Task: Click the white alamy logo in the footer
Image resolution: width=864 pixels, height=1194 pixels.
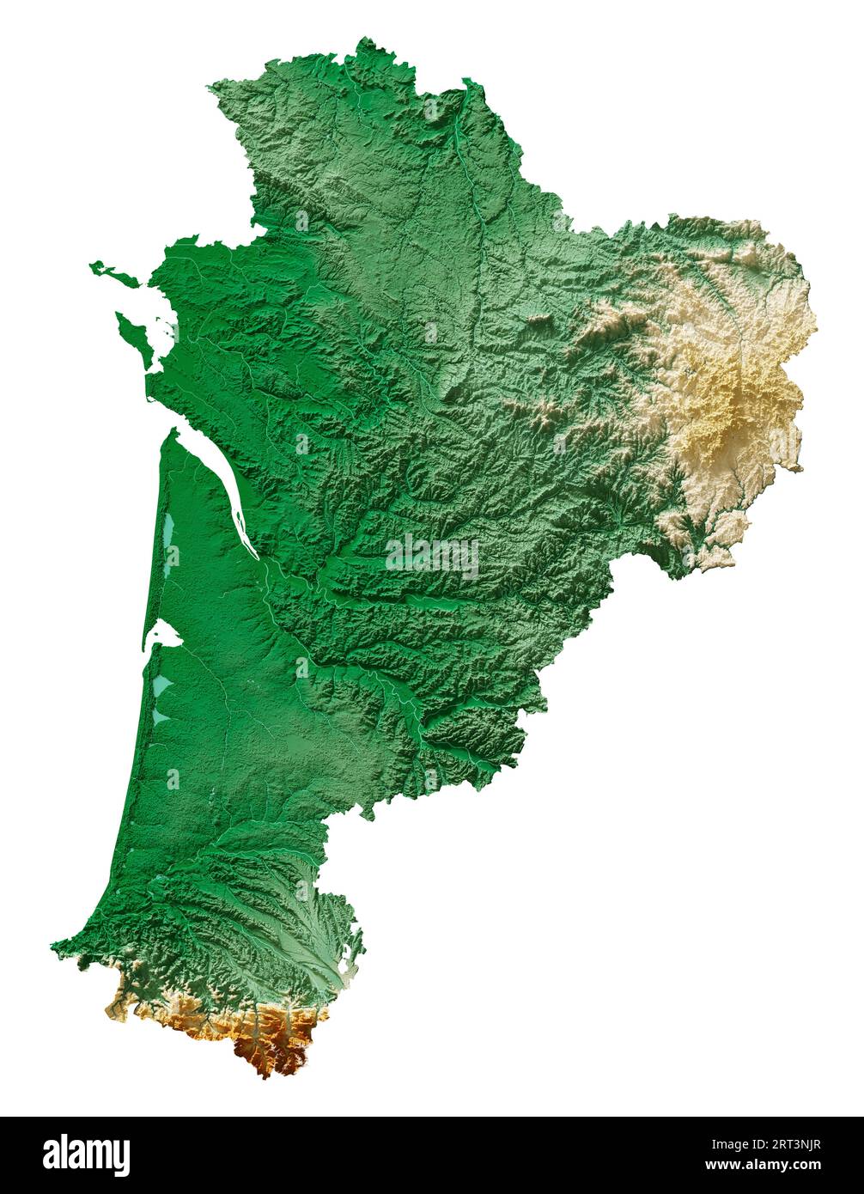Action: click(86, 1154)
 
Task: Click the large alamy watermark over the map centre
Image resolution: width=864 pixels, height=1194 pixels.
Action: click(432, 556)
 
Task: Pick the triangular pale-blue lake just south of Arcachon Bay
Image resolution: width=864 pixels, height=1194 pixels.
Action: click(162, 686)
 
